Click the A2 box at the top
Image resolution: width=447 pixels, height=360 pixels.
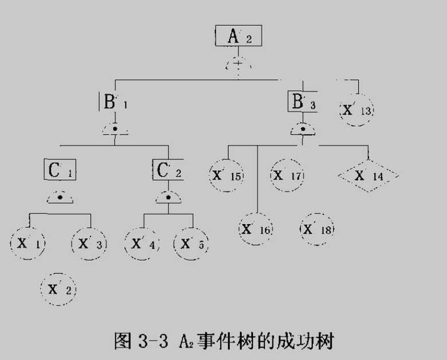(x=238, y=37)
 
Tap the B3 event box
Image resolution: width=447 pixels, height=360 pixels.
(x=303, y=102)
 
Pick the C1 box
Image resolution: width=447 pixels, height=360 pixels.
(x=60, y=170)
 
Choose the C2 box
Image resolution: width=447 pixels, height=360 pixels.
(x=168, y=170)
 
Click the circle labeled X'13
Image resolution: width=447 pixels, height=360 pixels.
(x=356, y=109)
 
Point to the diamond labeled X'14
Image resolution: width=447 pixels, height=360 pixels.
(x=368, y=175)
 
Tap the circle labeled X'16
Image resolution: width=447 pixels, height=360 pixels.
(x=256, y=229)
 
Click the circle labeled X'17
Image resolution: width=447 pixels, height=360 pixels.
(x=287, y=175)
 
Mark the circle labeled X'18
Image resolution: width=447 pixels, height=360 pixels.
(x=317, y=229)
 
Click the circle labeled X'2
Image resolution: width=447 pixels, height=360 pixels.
(x=58, y=289)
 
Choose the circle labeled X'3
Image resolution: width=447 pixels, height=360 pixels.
(x=89, y=243)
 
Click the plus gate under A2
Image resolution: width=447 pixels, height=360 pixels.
(x=238, y=63)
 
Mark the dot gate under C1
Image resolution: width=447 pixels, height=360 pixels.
(x=60, y=197)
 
